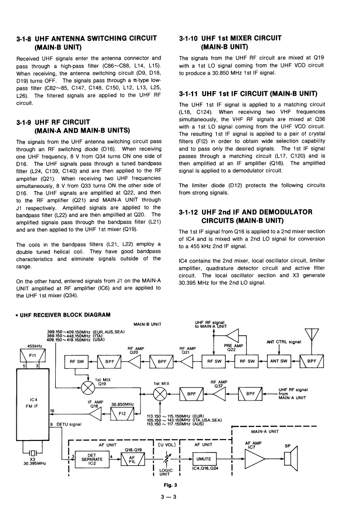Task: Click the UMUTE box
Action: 208,459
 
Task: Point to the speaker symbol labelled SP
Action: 291,459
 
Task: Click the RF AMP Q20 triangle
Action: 135,362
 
